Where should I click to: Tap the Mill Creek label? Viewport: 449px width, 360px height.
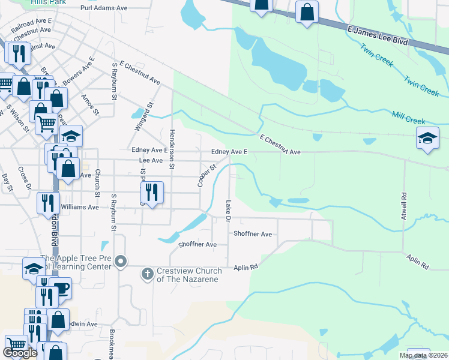coord(408,118)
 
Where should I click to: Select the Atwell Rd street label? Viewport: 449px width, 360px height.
coord(404,212)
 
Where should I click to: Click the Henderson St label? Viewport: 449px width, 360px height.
coord(172,149)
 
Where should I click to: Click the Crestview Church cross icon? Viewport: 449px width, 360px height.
coord(148,275)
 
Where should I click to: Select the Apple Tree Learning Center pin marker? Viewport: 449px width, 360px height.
coord(121,261)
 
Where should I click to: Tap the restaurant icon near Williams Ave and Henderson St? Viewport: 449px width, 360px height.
coord(152,193)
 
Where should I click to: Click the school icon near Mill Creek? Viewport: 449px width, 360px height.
coord(427,139)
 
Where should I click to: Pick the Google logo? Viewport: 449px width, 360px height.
coord(20,353)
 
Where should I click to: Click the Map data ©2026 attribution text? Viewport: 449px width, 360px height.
coord(423,355)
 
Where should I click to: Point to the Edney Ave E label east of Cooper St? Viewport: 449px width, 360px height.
coord(229,152)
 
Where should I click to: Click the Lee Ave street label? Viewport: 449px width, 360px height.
coord(151,161)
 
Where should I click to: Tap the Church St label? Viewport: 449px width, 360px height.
coord(97,187)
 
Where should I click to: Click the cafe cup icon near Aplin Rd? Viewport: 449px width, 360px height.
coord(61,288)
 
